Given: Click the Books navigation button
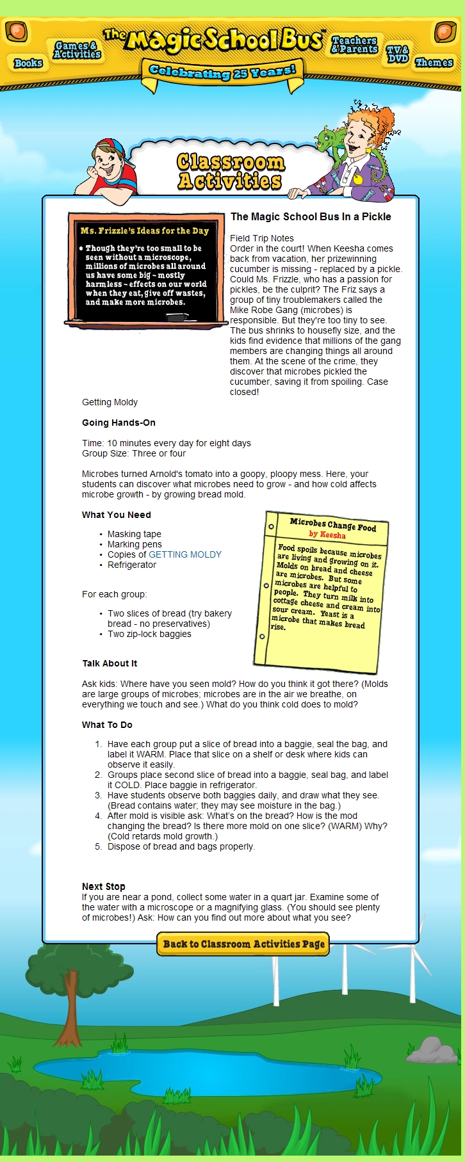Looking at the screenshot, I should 28,63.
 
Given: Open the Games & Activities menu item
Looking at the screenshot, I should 77,50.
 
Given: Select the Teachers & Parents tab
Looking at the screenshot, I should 355,44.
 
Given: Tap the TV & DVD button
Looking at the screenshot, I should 398,54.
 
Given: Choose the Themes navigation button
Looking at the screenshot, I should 434,62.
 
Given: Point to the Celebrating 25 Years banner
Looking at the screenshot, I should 222,72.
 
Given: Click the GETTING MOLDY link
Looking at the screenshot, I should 185,554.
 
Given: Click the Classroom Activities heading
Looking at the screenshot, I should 230,172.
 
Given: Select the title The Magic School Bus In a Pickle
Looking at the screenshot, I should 311,217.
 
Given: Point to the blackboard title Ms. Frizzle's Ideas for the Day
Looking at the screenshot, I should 145,230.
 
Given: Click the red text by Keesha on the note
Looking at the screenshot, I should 327,534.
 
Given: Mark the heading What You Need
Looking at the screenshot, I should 117,515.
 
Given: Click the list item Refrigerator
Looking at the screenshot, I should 132,565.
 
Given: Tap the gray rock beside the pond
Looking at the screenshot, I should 432,1050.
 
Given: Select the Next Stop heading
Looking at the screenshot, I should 104,887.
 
